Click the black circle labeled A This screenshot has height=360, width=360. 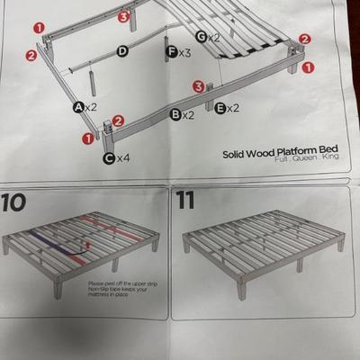79,107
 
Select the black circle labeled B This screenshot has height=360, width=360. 176,114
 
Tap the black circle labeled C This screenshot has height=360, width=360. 109,157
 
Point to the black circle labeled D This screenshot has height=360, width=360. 121,52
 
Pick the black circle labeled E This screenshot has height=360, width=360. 220,108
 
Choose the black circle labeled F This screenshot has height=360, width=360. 171,53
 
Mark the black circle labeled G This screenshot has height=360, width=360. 202,37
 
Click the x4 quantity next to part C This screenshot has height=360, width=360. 124,157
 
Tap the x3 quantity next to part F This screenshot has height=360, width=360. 184,53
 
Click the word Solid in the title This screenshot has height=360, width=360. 237,153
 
